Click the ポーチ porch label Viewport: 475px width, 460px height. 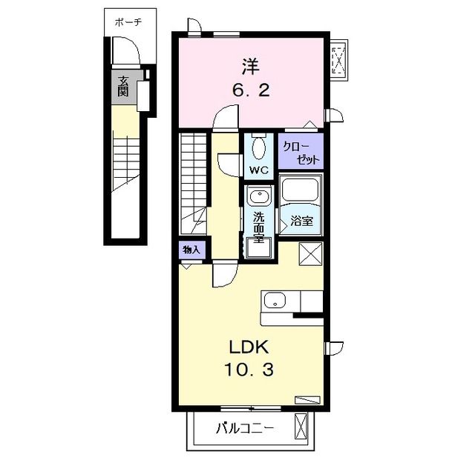128,22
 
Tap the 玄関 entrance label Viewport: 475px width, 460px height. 123,86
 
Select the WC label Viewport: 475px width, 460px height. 259,170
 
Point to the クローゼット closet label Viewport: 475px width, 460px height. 301,153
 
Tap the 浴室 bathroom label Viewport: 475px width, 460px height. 302,221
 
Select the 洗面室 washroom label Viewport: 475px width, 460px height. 259,227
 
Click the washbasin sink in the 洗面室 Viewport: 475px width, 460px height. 259,196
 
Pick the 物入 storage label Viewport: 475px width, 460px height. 191,250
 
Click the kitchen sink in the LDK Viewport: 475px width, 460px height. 275,301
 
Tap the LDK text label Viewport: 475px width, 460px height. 249,347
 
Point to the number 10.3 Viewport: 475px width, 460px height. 249,370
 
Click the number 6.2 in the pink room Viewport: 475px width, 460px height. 251,90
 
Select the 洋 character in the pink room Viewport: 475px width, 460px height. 251,67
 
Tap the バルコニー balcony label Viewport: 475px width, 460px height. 245,428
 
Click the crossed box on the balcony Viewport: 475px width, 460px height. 301,427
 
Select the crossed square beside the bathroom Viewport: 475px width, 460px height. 310,254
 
